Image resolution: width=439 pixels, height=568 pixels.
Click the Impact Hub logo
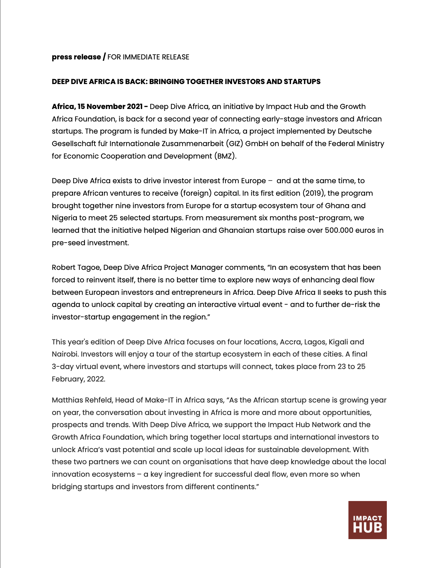(367, 520)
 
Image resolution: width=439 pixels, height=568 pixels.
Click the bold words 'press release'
(76, 57)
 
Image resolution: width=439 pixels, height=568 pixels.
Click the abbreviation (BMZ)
(225, 156)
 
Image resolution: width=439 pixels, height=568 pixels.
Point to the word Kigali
(338, 342)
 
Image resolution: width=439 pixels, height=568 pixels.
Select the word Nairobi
(65, 354)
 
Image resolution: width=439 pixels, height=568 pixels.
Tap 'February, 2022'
(78, 379)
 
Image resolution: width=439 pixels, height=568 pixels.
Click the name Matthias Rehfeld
(82, 400)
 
